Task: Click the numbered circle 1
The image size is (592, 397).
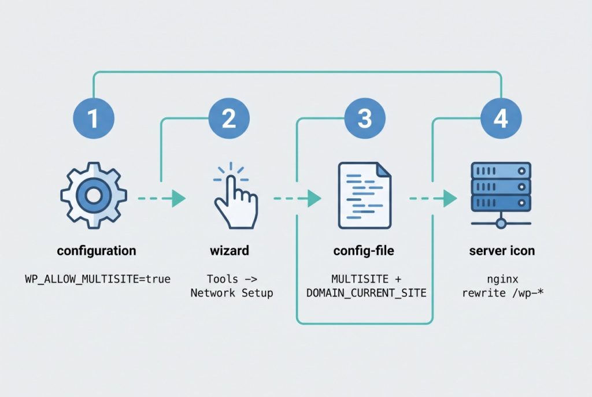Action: [x=93, y=118]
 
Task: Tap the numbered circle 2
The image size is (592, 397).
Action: [x=229, y=118]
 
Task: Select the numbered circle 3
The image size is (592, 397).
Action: [x=365, y=118]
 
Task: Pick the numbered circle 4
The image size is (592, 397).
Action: [x=501, y=118]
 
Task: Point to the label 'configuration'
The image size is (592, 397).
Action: [x=97, y=251]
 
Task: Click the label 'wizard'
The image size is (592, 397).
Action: [x=229, y=251]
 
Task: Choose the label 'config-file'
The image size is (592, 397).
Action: [x=365, y=251]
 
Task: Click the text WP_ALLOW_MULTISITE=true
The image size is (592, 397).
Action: [x=97, y=279]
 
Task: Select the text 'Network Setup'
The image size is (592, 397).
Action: [x=232, y=293]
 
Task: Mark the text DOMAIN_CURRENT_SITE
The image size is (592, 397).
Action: [x=366, y=293]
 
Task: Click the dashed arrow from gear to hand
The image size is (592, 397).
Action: [x=161, y=199]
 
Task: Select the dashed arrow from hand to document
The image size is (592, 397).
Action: [x=297, y=199]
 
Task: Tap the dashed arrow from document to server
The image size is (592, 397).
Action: [x=433, y=199]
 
